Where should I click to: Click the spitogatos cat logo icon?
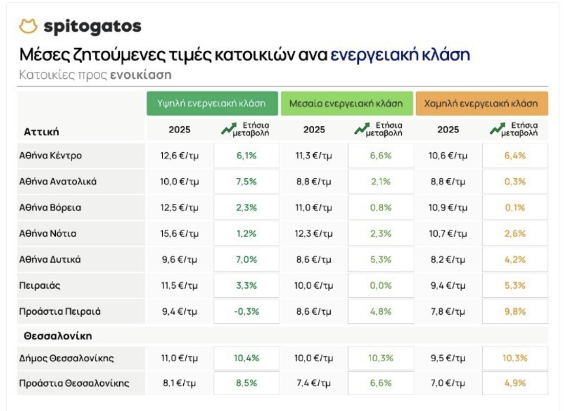click(28, 26)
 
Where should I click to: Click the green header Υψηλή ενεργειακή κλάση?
click(212, 104)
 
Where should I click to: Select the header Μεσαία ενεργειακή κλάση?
click(346, 104)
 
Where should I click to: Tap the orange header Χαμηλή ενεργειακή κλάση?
click(481, 104)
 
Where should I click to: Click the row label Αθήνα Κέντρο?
click(50, 156)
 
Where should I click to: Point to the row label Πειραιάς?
click(40, 285)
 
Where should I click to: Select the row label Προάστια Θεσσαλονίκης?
click(74, 383)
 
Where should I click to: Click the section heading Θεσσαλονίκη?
click(58, 336)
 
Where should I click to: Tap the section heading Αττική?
click(41, 132)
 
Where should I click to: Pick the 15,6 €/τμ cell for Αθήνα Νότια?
click(180, 234)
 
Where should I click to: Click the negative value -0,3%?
click(247, 312)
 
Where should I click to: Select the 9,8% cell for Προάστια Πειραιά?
click(515, 312)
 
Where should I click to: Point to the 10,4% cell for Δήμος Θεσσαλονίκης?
click(247, 358)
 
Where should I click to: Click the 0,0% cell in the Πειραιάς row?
click(381, 285)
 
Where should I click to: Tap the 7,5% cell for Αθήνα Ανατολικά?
click(247, 181)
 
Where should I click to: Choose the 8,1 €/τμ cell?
click(180, 383)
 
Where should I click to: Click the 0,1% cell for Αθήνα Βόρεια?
click(515, 208)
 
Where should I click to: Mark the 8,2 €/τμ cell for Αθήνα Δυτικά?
click(448, 259)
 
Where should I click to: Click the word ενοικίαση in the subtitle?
click(141, 75)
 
